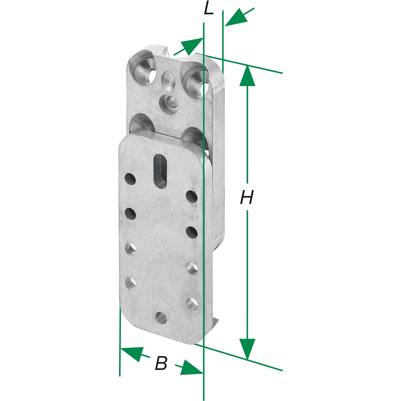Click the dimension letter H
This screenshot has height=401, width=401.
point(247,197)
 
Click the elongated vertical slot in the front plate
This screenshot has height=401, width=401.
point(160,171)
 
